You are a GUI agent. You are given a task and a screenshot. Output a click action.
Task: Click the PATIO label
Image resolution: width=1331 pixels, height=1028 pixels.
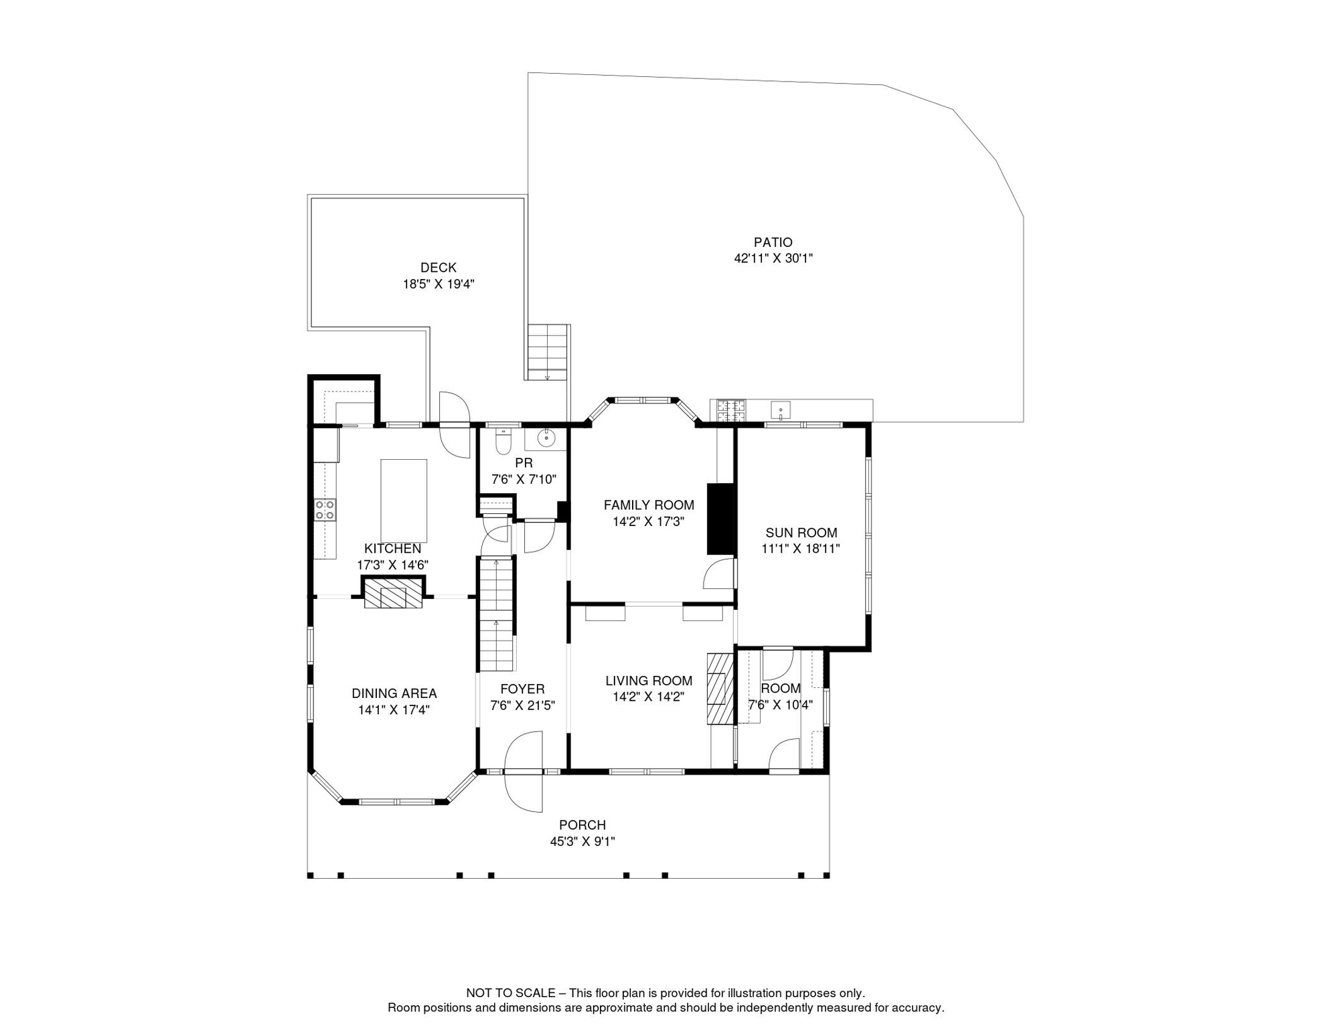pyautogui.click(x=773, y=242)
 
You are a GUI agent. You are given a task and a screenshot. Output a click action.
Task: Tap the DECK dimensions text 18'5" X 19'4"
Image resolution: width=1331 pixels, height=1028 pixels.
pyautogui.click(x=438, y=284)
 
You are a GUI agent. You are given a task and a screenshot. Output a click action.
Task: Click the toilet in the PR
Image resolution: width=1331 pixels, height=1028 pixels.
pyautogui.click(x=503, y=442)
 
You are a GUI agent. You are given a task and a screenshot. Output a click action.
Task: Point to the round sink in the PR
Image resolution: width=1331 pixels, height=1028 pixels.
pyautogui.click(x=546, y=438)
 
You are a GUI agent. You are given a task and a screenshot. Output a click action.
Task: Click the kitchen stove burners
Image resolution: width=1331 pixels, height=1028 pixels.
pyautogui.click(x=325, y=509)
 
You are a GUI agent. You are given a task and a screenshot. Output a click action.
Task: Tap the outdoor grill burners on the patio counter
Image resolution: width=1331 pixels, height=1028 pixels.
pyautogui.click(x=731, y=410)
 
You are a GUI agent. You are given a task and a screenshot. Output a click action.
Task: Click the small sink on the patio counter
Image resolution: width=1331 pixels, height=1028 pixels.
pyautogui.click(x=781, y=409)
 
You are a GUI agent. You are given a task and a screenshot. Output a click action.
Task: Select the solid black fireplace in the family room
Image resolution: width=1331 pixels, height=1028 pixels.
pyautogui.click(x=721, y=519)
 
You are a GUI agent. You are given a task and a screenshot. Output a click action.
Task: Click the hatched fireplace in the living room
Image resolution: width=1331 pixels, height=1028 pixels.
pyautogui.click(x=720, y=688)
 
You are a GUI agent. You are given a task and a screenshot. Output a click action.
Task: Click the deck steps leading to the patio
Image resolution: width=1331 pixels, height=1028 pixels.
pyautogui.click(x=548, y=352)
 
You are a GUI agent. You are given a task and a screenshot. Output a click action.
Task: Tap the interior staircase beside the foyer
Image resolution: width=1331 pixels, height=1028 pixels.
pyautogui.click(x=495, y=614)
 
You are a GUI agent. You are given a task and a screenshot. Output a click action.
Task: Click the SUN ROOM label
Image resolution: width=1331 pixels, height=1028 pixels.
pyautogui.click(x=801, y=533)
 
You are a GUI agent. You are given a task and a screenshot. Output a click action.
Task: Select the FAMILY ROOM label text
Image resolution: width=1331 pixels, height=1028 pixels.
pyautogui.click(x=649, y=505)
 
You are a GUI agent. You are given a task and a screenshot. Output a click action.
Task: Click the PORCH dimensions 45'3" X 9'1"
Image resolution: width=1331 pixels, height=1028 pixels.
pyautogui.click(x=582, y=842)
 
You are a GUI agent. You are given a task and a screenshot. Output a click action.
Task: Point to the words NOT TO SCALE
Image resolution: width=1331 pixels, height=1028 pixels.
pyautogui.click(x=511, y=993)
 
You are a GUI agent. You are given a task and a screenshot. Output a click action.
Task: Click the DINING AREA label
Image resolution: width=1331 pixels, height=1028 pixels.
pyautogui.click(x=394, y=694)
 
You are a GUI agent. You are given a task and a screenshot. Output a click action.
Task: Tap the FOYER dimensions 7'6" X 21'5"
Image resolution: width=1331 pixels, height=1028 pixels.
pyautogui.click(x=522, y=705)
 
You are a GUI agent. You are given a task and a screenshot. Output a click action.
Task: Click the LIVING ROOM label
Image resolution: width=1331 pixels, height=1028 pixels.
pyautogui.click(x=649, y=681)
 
